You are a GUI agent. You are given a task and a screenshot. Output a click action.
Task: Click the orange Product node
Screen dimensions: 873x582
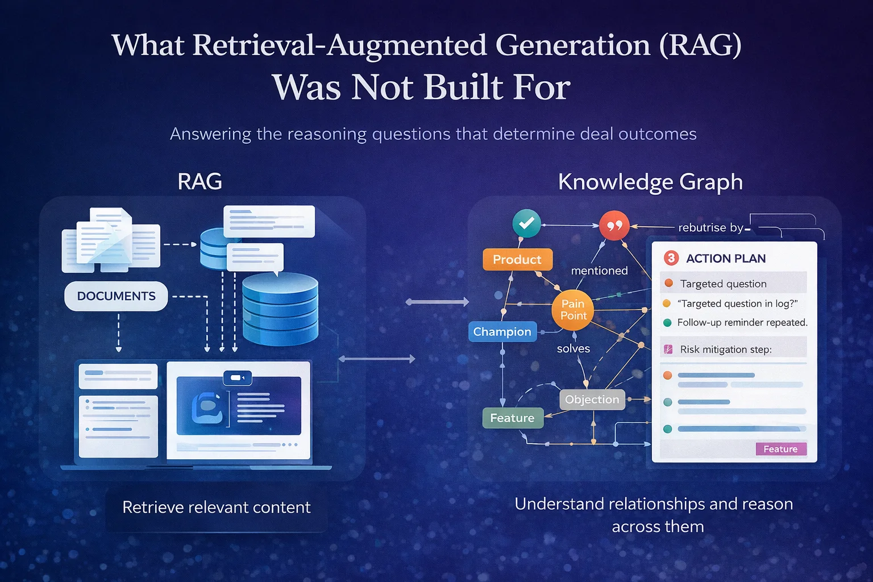coord(517,260)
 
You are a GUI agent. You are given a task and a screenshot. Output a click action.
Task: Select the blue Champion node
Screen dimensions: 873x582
coord(502,332)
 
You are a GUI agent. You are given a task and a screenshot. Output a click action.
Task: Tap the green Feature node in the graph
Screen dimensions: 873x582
coord(512,418)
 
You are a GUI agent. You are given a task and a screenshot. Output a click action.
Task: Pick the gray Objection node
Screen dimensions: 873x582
coord(592,400)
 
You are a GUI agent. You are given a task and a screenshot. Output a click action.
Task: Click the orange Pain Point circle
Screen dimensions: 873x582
coord(573,310)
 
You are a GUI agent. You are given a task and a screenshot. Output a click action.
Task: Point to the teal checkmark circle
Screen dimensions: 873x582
coord(526,223)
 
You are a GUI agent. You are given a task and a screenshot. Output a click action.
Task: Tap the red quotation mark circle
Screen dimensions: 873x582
coord(614,226)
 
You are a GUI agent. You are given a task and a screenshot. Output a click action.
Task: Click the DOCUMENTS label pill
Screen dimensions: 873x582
coord(117,296)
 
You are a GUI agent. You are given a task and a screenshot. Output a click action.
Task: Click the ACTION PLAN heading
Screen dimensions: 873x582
coord(726,259)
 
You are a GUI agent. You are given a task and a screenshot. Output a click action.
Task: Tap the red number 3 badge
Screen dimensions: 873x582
coord(671,258)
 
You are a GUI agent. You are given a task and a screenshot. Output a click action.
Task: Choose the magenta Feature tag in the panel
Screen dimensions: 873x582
coord(780,449)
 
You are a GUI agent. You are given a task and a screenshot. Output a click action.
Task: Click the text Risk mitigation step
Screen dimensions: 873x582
coord(726,350)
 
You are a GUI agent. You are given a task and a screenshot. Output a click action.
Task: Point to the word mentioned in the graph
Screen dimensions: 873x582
coord(599,271)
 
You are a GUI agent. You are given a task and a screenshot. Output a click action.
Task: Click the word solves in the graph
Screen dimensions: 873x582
coord(573,348)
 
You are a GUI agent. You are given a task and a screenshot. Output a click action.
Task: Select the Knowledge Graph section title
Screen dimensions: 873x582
coord(650,182)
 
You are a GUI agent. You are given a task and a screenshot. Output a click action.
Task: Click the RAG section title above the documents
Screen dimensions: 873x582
coord(199,182)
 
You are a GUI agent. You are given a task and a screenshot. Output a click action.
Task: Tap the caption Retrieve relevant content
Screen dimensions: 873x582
coord(217,507)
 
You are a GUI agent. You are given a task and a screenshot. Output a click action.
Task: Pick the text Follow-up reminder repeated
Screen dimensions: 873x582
coord(742,323)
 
